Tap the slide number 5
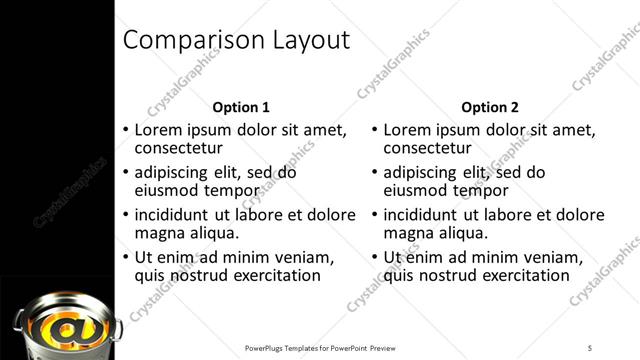point(590,347)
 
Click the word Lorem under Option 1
point(157,130)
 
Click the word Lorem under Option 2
point(406,130)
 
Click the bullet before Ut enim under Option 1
point(125,257)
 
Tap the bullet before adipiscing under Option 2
point(374,172)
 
